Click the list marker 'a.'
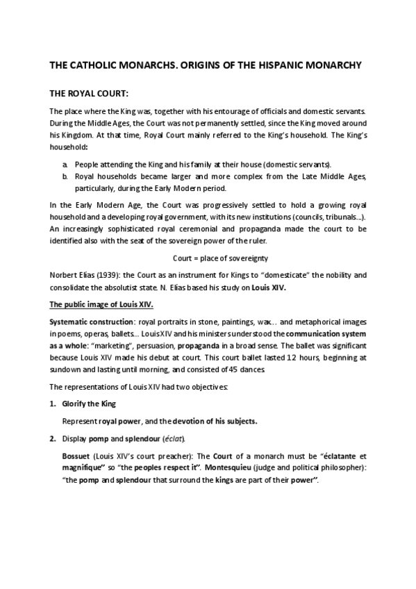pyautogui.click(x=65, y=164)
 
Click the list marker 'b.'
pyautogui.click(x=65, y=176)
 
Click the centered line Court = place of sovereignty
pyautogui.click(x=208, y=257)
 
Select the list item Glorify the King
pyautogui.click(x=89, y=403)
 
